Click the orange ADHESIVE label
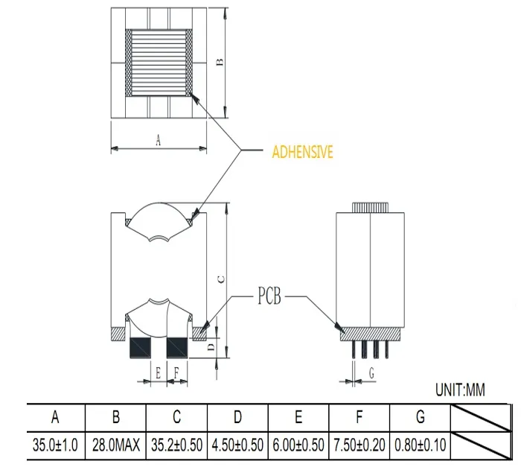click(302, 152)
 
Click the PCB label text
click(269, 298)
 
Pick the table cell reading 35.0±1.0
click(56, 445)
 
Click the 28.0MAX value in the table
click(116, 445)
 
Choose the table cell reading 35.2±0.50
click(176, 445)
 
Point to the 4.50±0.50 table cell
click(237, 445)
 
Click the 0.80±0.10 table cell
click(421, 445)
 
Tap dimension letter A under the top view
click(158, 140)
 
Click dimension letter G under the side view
click(370, 375)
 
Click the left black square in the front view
click(139, 347)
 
